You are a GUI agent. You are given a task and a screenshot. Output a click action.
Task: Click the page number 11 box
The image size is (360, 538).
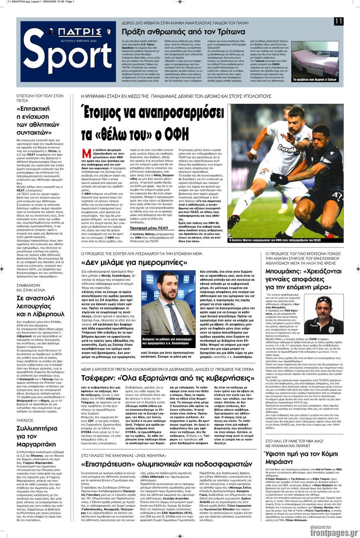338,22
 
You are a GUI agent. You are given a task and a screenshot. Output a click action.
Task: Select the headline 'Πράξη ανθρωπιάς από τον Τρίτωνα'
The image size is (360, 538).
178,32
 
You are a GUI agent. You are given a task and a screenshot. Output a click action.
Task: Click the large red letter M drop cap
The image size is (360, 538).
86,153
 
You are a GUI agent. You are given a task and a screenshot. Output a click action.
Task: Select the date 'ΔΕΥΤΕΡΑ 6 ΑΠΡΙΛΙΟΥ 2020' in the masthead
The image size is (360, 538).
78,40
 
